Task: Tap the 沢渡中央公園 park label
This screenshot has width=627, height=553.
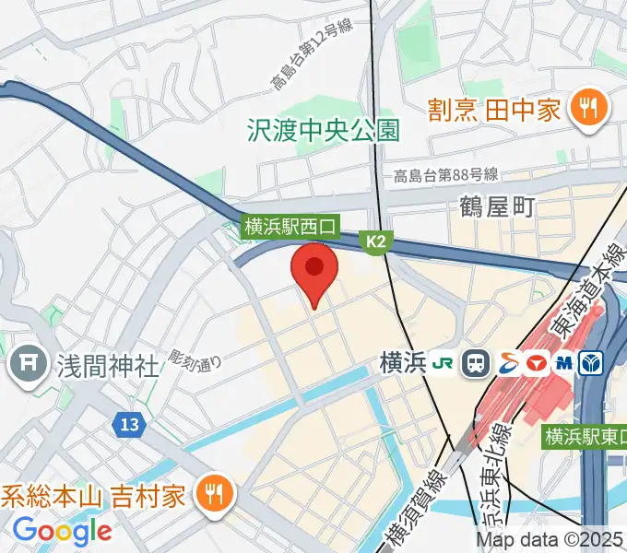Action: (324, 130)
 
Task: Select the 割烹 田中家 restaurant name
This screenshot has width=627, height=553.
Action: (494, 111)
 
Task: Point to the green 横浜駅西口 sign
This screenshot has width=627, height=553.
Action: (291, 225)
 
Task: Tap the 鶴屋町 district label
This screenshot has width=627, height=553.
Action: (497, 207)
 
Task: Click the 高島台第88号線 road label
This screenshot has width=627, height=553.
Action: (445, 175)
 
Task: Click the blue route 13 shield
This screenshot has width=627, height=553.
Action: (129, 424)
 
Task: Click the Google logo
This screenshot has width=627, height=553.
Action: (63, 531)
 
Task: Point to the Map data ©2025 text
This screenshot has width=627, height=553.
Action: (550, 541)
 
